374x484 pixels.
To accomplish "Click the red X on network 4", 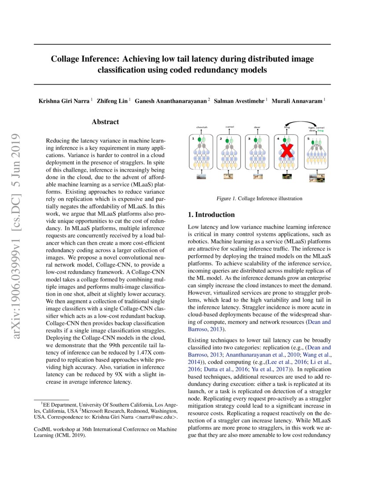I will [x=287, y=151].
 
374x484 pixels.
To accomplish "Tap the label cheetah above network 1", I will [x=202, y=127].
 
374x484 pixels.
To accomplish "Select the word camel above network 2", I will [x=229, y=127].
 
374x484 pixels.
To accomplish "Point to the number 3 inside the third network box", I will [x=249, y=138].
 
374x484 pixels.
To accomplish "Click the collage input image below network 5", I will [x=315, y=178].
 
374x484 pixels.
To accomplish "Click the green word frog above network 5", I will [x=321, y=131].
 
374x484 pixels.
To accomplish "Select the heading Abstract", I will [x=105, y=122].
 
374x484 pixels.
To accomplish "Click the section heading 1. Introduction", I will [x=211, y=215].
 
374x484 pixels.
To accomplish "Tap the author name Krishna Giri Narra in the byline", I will [x=64, y=101].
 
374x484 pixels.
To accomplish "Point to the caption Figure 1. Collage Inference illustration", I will [x=259, y=198].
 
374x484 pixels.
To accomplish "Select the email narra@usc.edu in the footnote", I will [x=155, y=417].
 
